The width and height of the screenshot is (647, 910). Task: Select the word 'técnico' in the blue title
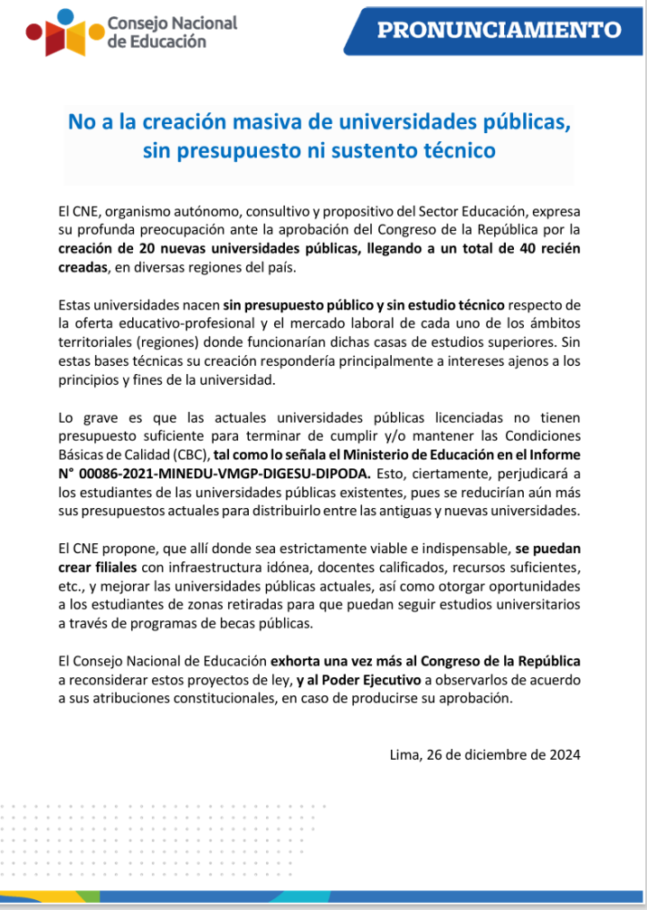coord(456,150)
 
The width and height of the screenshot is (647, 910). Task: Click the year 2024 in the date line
coord(563,753)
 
